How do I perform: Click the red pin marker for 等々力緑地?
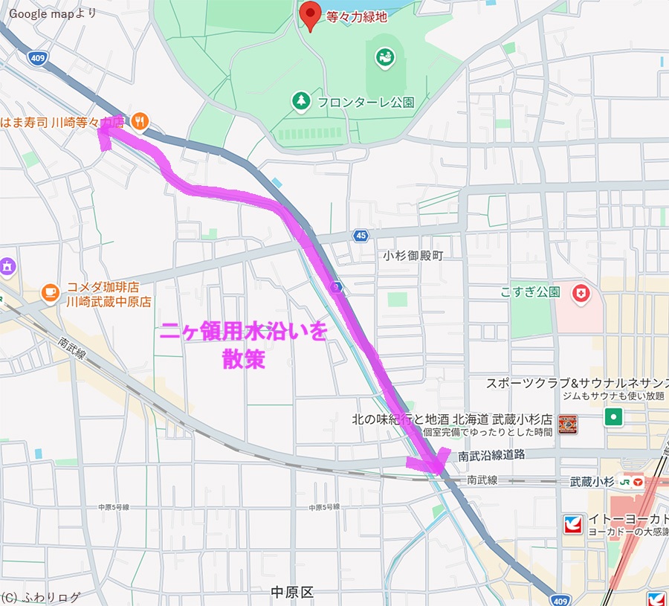pyautogui.click(x=309, y=15)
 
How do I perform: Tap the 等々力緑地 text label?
pyautogui.click(x=357, y=17)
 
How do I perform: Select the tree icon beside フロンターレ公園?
pyautogui.click(x=300, y=101)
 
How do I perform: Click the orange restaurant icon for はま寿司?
pyautogui.click(x=140, y=120)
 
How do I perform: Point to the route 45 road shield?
pyautogui.click(x=361, y=236)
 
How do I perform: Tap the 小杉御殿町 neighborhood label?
pyautogui.click(x=413, y=255)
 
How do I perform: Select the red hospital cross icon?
pyautogui.click(x=580, y=294)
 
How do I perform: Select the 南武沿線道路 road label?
pyautogui.click(x=491, y=455)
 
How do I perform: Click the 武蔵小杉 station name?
pyautogui.click(x=592, y=482)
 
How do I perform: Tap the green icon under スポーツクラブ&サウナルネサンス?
pyautogui.click(x=613, y=416)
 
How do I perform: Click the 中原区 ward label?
pyautogui.click(x=292, y=592)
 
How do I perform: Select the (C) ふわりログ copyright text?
pyautogui.click(x=41, y=596)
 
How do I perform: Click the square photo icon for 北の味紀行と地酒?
pyautogui.click(x=568, y=425)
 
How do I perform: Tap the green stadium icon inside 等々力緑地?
pyautogui.click(x=384, y=57)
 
